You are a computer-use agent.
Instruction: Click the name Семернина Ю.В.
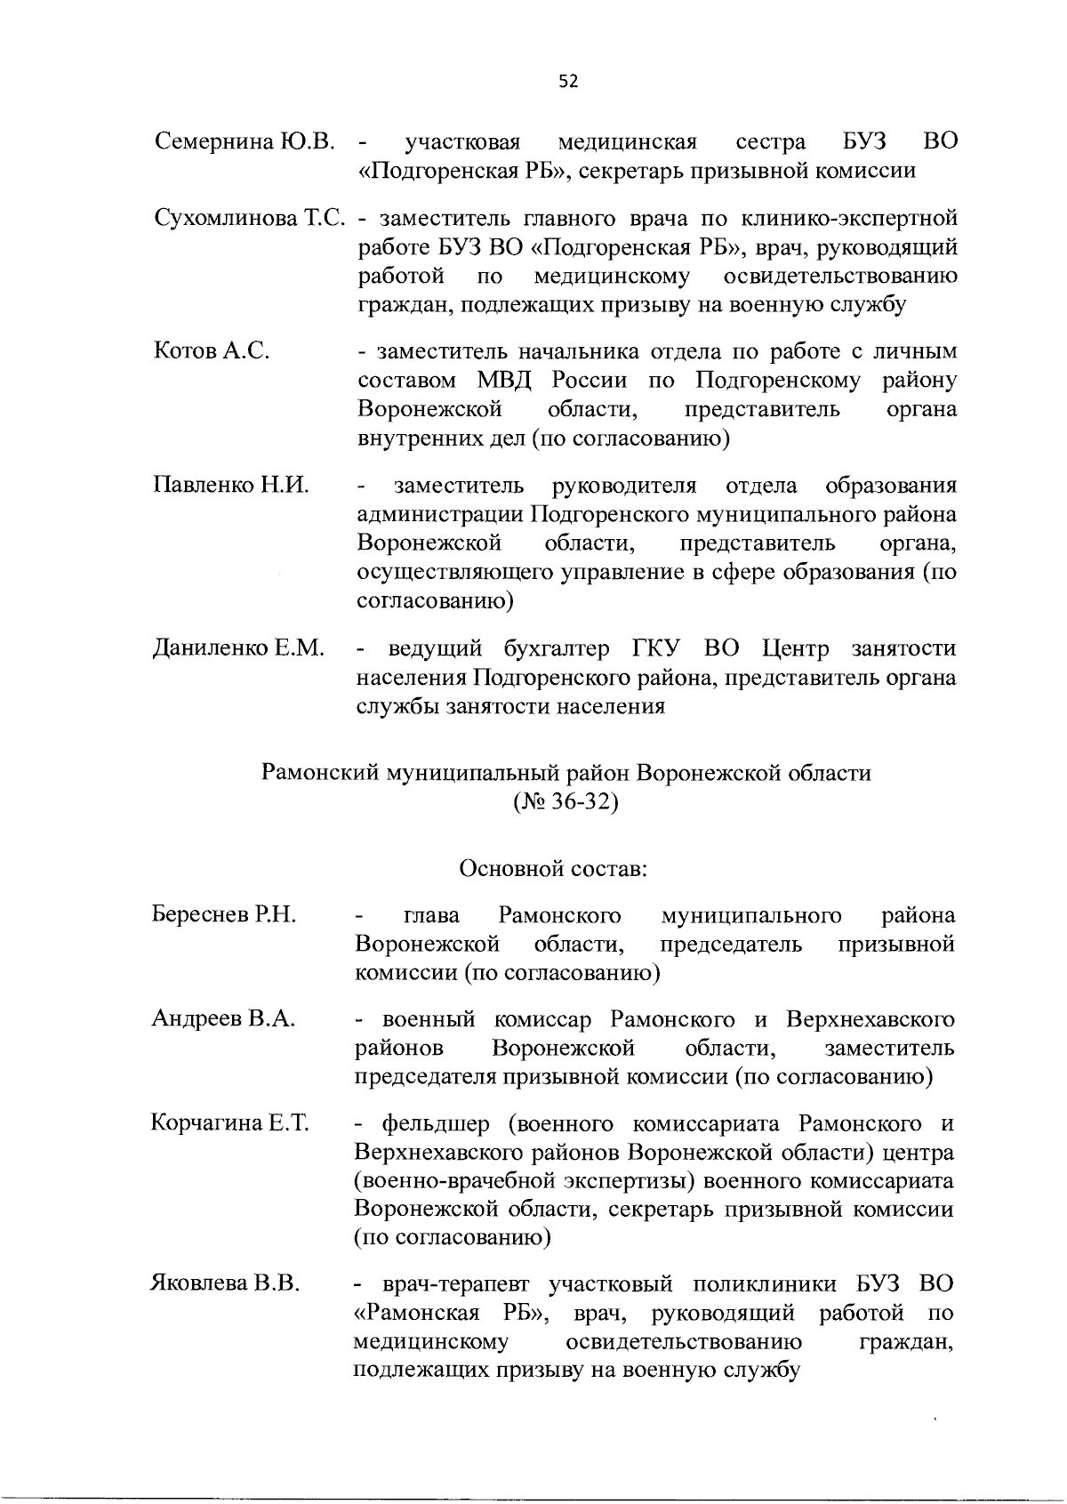tap(245, 141)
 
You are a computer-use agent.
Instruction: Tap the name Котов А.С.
tap(212, 351)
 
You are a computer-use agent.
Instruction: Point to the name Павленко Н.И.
tap(231, 486)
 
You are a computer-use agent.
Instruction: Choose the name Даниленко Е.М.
tap(237, 648)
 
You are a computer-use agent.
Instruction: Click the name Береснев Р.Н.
tap(223, 915)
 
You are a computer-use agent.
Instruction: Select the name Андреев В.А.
tap(223, 1018)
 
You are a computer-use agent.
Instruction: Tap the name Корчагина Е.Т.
tap(229, 1123)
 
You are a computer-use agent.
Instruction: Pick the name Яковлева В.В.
tap(225, 1284)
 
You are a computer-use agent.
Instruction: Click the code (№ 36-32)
tap(566, 801)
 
